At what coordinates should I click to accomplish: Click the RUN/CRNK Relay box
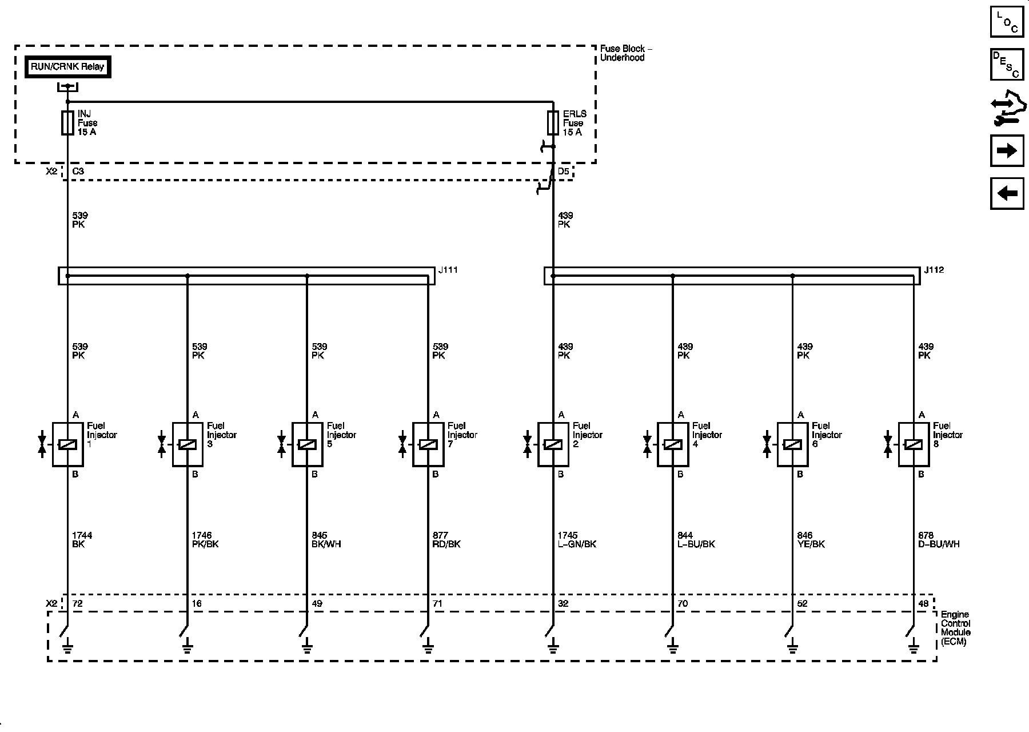(x=68, y=67)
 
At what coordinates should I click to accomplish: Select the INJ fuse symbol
(x=67, y=123)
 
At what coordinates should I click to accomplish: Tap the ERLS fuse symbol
(x=553, y=123)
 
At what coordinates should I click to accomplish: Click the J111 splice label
(x=448, y=270)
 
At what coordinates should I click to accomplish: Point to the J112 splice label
(x=934, y=270)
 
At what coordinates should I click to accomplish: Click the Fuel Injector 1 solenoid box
(x=67, y=444)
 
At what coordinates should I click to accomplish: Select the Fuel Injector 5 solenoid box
(x=307, y=444)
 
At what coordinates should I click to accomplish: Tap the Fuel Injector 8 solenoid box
(x=914, y=444)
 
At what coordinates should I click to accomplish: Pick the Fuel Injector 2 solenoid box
(x=553, y=444)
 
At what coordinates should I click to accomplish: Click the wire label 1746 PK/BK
(x=205, y=540)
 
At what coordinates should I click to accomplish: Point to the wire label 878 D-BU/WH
(x=939, y=540)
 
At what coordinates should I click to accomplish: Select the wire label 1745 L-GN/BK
(x=577, y=540)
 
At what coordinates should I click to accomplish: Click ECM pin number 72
(x=77, y=603)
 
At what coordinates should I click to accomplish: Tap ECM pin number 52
(x=802, y=603)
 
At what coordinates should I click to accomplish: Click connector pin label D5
(x=563, y=171)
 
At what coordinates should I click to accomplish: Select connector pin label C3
(x=78, y=171)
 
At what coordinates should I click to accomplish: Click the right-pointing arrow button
(x=1007, y=151)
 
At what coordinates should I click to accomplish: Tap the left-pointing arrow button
(x=1007, y=193)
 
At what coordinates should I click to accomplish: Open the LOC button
(x=1007, y=22)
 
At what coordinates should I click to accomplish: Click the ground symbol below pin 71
(x=428, y=647)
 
